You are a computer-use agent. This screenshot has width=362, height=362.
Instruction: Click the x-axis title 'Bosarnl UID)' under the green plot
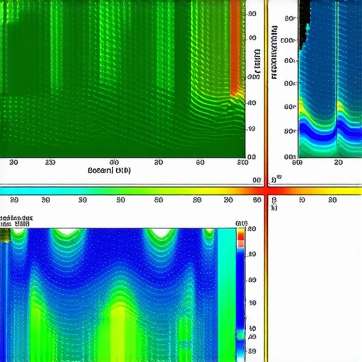109,170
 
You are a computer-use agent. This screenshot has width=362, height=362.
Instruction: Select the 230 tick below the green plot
49,162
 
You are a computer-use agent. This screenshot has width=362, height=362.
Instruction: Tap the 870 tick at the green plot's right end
243,163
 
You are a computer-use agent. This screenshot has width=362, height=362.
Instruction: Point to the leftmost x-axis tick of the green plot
13,162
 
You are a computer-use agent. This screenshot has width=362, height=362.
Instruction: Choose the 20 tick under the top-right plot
339,163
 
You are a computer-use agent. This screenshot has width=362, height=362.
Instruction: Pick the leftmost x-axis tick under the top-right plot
297,163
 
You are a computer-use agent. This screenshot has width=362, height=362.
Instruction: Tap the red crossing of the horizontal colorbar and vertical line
267,190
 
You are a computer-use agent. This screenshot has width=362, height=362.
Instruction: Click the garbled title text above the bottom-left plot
16,220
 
